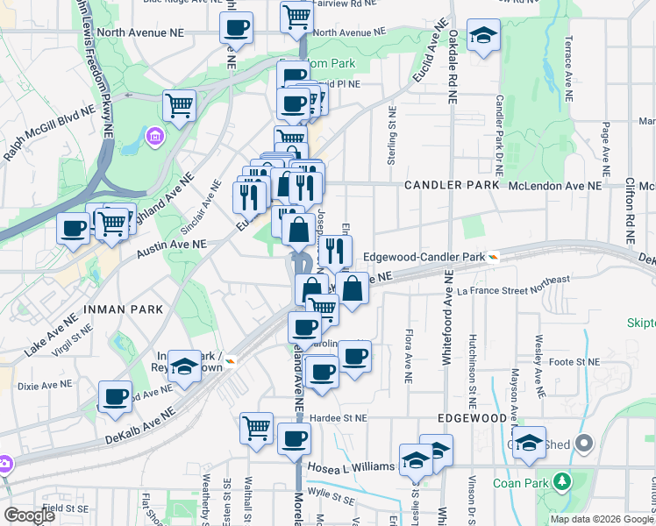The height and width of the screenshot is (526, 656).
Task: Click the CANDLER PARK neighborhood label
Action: point(452,186)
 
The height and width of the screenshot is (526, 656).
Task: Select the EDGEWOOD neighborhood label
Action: point(470,418)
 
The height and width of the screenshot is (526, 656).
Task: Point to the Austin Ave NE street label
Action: point(171,249)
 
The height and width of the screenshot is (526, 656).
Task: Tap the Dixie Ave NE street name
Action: point(44,385)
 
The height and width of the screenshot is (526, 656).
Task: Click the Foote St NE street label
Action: point(574,361)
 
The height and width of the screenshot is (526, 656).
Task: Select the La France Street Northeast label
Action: point(513,290)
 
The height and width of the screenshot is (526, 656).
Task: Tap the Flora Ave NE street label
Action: point(409,356)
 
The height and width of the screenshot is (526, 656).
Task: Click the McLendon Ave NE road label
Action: point(555,186)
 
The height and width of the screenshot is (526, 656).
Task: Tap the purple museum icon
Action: point(155,137)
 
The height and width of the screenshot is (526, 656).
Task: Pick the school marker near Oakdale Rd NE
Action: point(483,36)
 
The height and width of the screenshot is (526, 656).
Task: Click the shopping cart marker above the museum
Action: point(179,105)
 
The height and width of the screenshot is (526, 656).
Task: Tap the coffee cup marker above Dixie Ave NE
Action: point(115,396)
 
